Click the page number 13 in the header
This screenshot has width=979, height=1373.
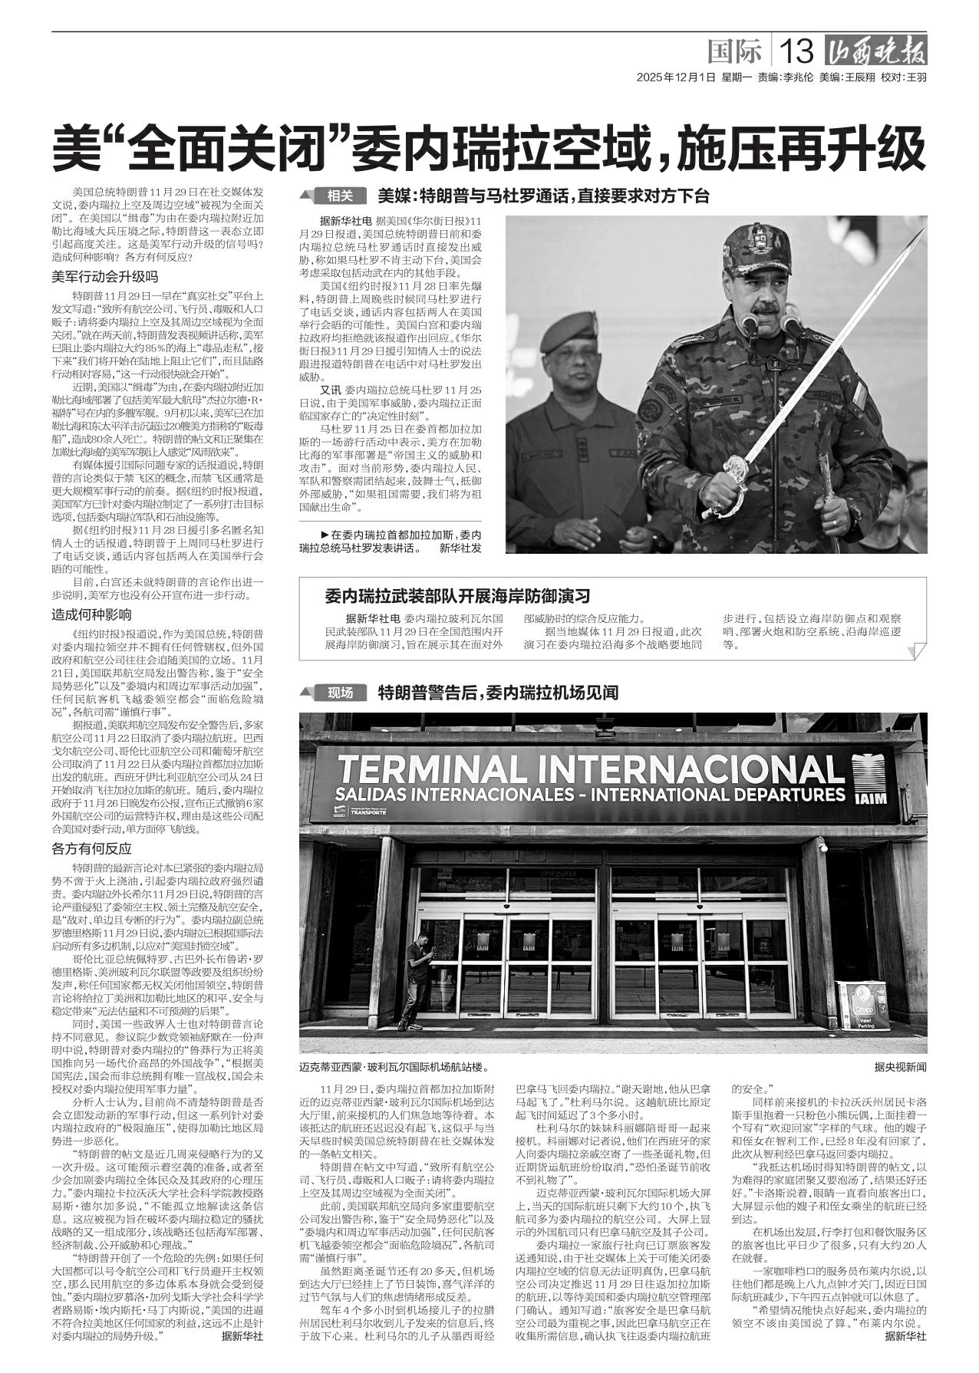pos(796,52)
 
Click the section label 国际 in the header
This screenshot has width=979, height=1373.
pos(734,52)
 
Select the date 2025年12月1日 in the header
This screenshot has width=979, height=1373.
pos(675,77)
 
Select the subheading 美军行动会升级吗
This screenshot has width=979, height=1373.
pos(104,277)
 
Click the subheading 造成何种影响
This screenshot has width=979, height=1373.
pos(92,614)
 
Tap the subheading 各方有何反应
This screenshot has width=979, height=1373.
pos(92,848)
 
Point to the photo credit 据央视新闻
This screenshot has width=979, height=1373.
pos(899,1067)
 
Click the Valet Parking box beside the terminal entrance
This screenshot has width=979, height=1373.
pos(864,1005)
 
